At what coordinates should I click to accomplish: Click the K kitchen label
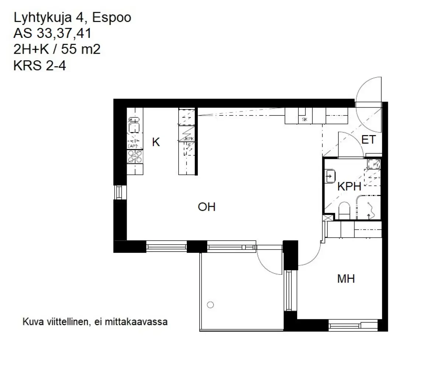[156, 142]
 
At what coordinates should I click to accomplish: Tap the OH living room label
[206, 207]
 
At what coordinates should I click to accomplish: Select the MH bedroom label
[346, 279]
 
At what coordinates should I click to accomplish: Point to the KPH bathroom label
[349, 187]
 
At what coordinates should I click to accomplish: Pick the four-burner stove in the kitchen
[135, 157]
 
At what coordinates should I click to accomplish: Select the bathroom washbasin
[330, 177]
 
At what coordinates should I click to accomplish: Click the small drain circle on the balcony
[210, 304]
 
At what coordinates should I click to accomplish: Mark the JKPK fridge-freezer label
[188, 139]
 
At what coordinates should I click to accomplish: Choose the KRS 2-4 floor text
[39, 66]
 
